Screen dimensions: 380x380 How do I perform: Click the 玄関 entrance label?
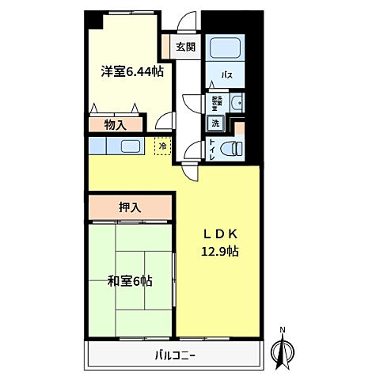pyautogui.click(x=186, y=46)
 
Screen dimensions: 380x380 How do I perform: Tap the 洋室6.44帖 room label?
pyautogui.click(x=132, y=71)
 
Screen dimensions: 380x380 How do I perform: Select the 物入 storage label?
pyautogui.click(x=116, y=123)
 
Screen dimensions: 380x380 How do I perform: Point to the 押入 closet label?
pyautogui.click(x=130, y=207)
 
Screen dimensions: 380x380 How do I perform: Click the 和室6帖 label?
pyautogui.click(x=129, y=280)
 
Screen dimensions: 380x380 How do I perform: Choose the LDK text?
pyautogui.click(x=220, y=235)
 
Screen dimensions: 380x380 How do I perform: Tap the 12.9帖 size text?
pyautogui.click(x=220, y=252)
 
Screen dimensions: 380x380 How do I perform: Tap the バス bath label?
pyautogui.click(x=226, y=76)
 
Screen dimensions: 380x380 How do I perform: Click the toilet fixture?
pyautogui.click(x=232, y=147)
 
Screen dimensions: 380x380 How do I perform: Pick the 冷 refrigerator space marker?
pyautogui.click(x=162, y=146)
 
